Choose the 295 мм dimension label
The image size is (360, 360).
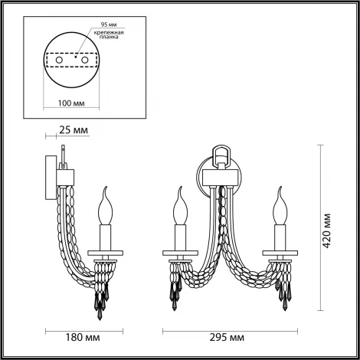pyautogui.click(x=227, y=335)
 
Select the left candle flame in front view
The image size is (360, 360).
pyautogui.click(x=181, y=202)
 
